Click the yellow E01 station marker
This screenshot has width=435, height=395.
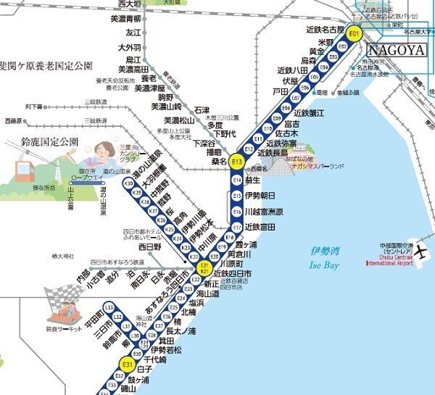click(x=354, y=33)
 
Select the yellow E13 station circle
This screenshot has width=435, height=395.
click(x=236, y=162)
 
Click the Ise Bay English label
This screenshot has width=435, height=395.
click(x=324, y=265)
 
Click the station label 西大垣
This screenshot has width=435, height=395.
click(x=128, y=4)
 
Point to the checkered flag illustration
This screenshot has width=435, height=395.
click(x=59, y=296)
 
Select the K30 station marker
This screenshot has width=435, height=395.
click(x=128, y=184)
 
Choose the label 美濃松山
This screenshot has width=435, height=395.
click(x=178, y=120)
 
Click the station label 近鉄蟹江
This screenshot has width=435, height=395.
click(x=312, y=112)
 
